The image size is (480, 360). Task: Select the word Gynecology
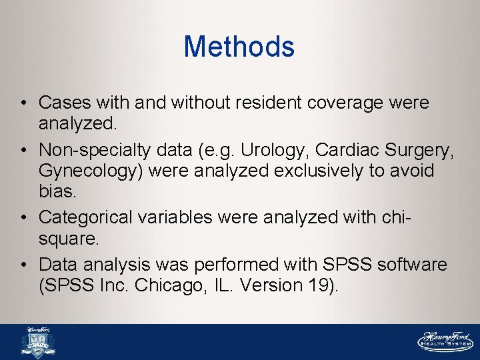[x=91, y=171]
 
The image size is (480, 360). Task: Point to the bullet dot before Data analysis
[x=23, y=265]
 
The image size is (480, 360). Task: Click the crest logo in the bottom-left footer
[x=38, y=343]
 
